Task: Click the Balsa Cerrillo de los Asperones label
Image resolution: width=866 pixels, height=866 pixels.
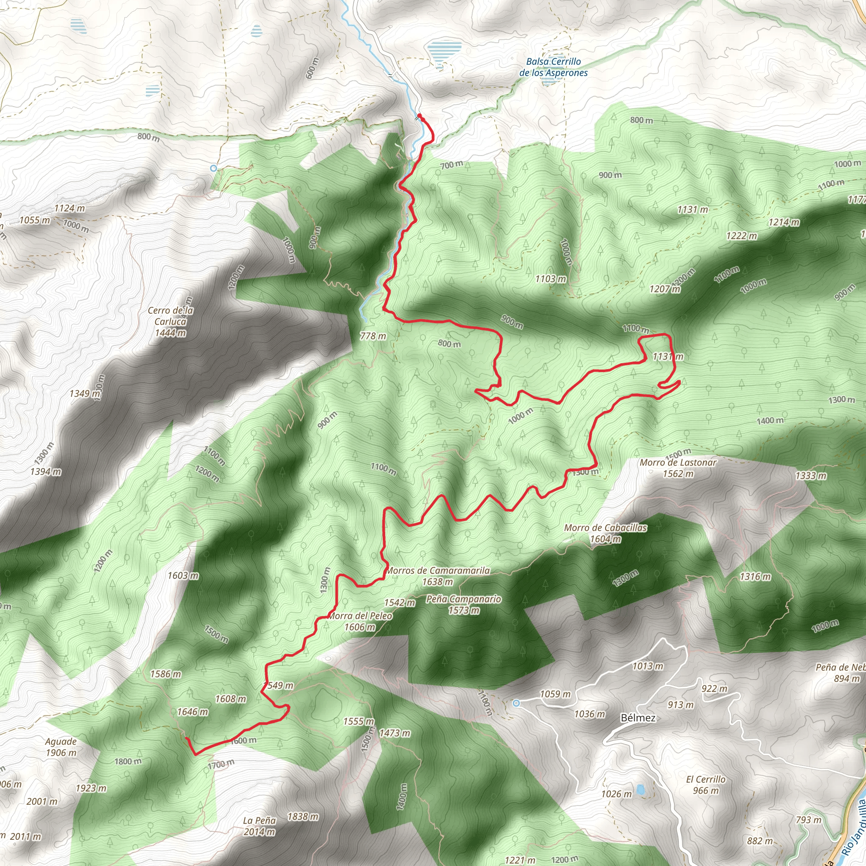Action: coord(553,67)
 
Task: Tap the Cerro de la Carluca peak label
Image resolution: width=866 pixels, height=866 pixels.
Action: coord(170,321)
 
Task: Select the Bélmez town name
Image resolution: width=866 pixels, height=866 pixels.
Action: coord(638,718)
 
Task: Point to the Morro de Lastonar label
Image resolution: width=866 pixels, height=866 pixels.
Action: coord(678,468)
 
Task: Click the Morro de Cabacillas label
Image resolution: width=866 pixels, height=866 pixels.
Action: coord(605,533)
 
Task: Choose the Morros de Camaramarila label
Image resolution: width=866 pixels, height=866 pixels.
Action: coord(438,576)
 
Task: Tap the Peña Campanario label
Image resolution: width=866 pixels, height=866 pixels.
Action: coord(463,604)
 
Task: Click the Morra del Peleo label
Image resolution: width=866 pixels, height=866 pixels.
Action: coord(360,621)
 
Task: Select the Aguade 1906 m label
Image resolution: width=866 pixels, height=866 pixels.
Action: coord(61,747)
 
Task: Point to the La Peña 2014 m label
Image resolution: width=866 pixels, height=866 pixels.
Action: coord(259,826)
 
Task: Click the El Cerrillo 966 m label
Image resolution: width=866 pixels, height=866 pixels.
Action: coord(706,785)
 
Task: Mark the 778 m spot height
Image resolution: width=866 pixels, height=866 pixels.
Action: coord(373,336)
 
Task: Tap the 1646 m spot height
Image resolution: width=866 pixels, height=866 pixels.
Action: coord(192,712)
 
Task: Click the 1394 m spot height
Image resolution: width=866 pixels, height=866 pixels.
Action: coord(46,471)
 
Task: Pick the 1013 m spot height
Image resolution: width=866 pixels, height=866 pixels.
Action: coord(648,666)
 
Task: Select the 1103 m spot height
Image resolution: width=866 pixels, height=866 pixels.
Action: coord(551,279)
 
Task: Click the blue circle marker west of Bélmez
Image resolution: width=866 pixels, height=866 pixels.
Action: coord(516,703)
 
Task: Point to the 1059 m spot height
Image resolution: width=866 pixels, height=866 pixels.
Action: coord(555,694)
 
